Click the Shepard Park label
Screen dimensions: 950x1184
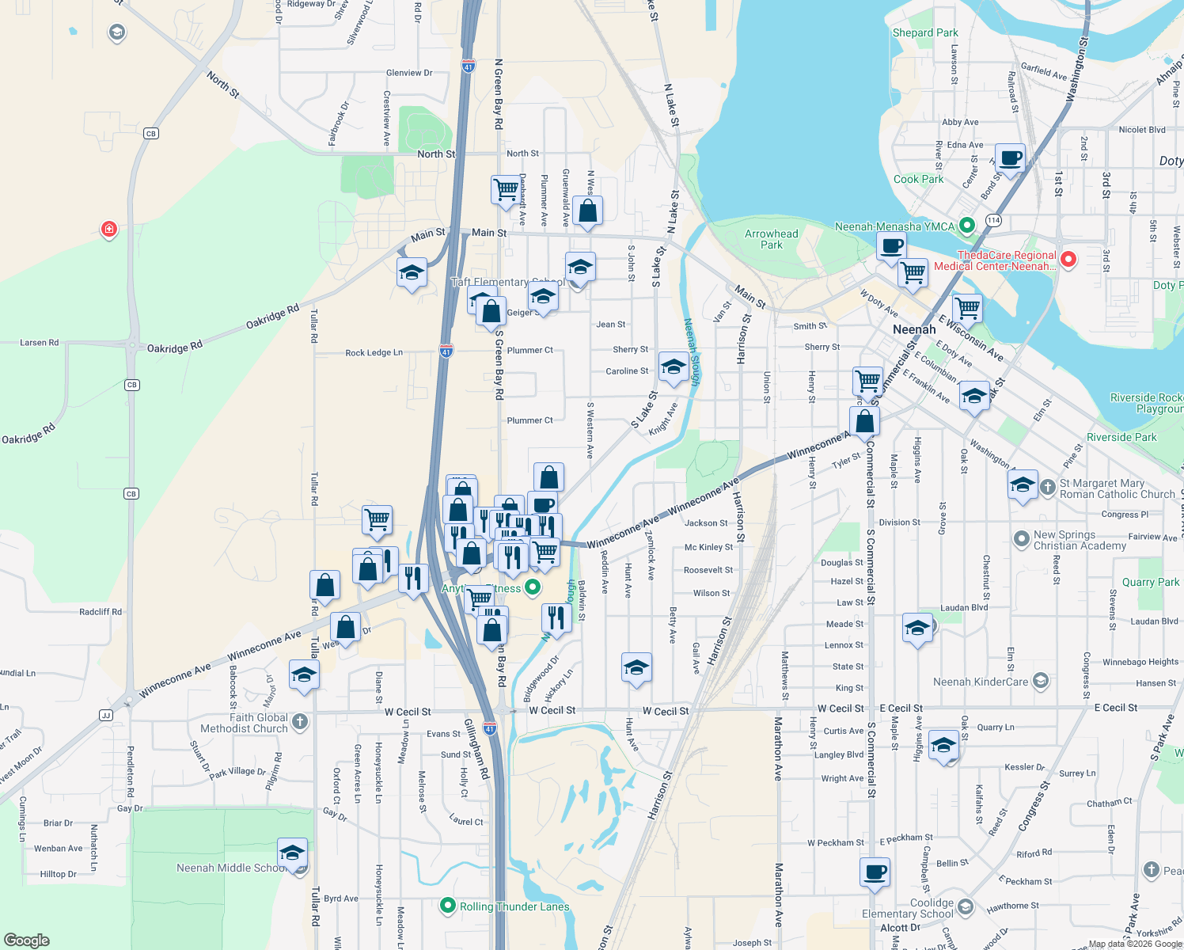click(924, 33)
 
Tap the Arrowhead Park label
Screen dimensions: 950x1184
click(771, 239)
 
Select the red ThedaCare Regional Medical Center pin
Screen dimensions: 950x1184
click(1068, 259)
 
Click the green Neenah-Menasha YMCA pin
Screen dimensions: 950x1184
click(966, 226)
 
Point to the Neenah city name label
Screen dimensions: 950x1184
click(913, 329)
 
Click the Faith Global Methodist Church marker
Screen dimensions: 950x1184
click(299, 721)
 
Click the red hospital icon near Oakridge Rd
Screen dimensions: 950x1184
click(109, 230)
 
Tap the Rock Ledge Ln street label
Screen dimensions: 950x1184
click(374, 353)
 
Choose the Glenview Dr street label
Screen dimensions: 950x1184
click(409, 73)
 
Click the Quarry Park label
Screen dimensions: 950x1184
click(1150, 582)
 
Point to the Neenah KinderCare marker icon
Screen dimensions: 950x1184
click(1041, 680)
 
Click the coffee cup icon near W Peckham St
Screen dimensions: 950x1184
click(875, 872)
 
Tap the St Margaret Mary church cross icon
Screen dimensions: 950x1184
click(1047, 487)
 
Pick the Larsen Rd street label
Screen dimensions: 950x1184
click(40, 343)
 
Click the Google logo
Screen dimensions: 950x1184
click(27, 940)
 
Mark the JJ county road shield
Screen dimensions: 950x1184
click(106, 715)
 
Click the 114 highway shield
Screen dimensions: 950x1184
click(993, 220)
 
